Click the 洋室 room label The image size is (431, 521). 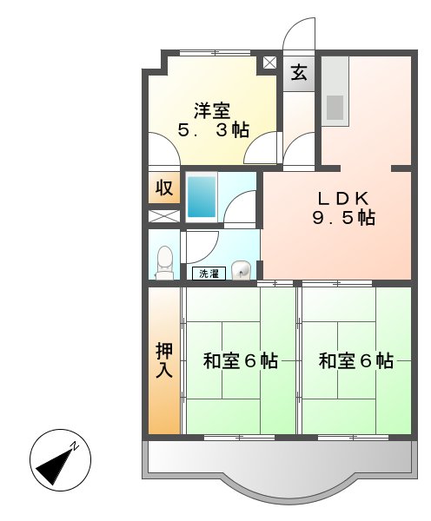point(212,110)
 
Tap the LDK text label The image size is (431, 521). point(343,197)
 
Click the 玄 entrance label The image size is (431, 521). point(299,73)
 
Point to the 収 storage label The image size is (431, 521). point(163,188)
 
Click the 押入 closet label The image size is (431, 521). point(163,359)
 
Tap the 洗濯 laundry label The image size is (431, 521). point(209,274)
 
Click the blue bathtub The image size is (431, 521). point(202,197)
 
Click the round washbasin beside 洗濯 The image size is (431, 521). point(242,271)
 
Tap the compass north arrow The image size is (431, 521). point(56,460)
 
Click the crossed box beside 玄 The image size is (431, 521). point(269,63)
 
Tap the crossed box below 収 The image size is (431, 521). point(163,215)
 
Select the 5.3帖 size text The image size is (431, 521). point(213,131)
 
